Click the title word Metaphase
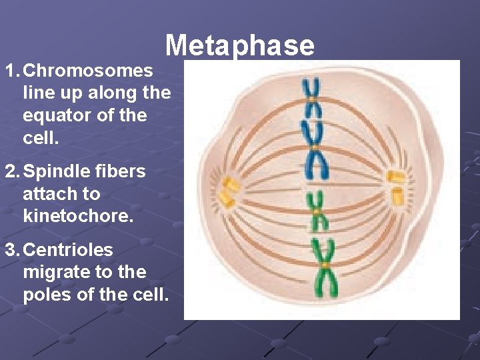coord(239,45)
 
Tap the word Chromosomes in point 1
coord(87,70)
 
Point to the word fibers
coord(120,171)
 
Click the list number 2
coord(11,171)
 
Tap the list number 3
coord(11,250)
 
